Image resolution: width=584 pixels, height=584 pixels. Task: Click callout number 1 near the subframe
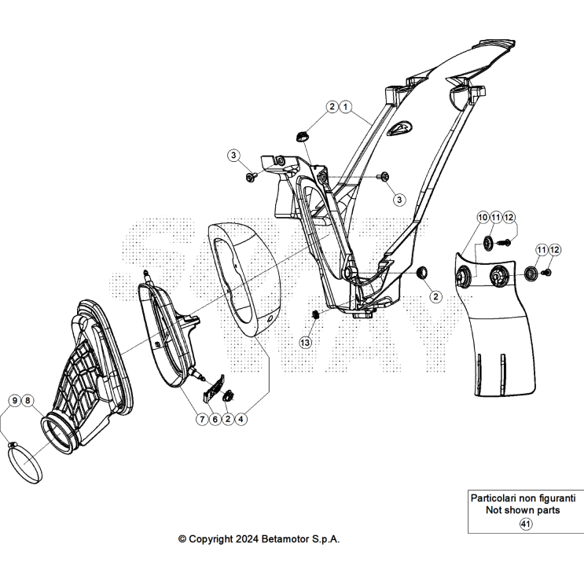click(x=347, y=106)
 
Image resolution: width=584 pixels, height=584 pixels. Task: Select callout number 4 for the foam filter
click(x=241, y=420)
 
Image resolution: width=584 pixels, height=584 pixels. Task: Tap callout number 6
click(x=215, y=420)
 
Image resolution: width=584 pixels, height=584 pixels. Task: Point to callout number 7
click(x=201, y=420)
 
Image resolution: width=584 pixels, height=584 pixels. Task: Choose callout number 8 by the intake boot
click(x=28, y=401)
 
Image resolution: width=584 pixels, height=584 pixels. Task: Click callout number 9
click(x=15, y=401)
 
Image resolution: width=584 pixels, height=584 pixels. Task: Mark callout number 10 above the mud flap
click(x=482, y=216)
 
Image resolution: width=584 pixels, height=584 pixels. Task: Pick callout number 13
click(x=305, y=342)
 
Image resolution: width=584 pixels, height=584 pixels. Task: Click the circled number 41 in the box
click(x=526, y=524)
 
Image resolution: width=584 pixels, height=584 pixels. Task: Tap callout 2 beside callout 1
click(x=333, y=106)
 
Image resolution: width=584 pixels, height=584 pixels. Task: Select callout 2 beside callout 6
click(x=228, y=420)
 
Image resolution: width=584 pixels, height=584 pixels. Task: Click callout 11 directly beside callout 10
click(x=495, y=216)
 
